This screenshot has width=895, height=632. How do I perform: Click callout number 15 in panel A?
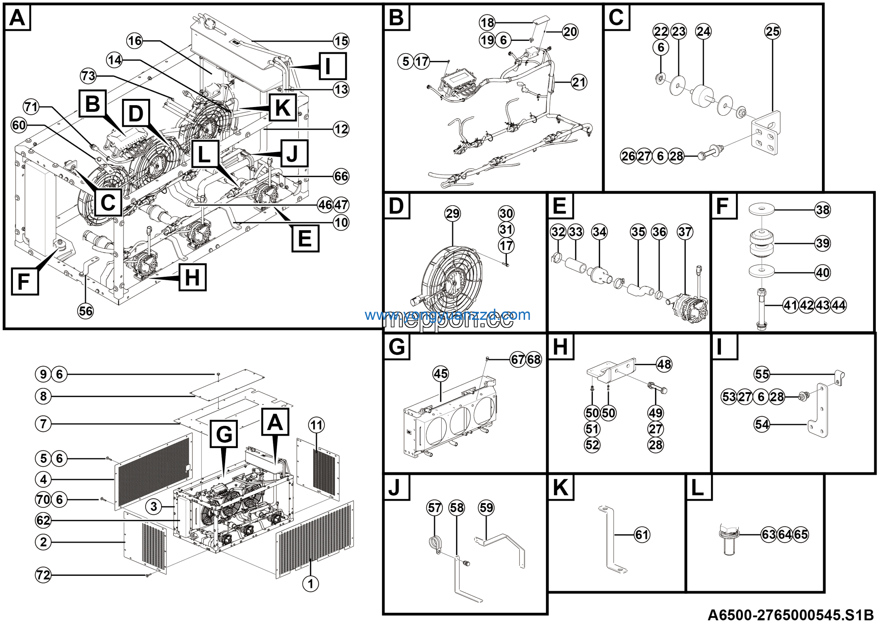[x=341, y=41]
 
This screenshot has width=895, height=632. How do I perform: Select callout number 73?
[x=88, y=76]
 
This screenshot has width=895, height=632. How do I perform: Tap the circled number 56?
[x=86, y=311]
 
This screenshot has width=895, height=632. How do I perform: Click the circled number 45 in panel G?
[x=441, y=374]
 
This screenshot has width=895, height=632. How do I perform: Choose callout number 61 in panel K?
[x=642, y=534]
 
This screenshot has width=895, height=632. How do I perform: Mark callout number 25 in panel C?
[x=773, y=31]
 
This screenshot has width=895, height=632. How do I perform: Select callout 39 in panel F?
[x=823, y=244]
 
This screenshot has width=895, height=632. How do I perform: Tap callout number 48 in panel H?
[x=664, y=364]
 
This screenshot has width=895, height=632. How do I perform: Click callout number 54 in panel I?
[x=762, y=424]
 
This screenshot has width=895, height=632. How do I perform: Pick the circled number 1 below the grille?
[x=311, y=584]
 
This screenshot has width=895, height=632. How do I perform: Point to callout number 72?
[x=43, y=575]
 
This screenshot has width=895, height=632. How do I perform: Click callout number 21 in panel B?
[x=579, y=82]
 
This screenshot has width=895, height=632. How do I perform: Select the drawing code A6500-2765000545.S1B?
[x=790, y=615]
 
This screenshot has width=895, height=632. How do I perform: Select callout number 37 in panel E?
[x=685, y=232]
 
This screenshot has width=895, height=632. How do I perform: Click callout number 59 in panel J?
[x=486, y=508]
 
